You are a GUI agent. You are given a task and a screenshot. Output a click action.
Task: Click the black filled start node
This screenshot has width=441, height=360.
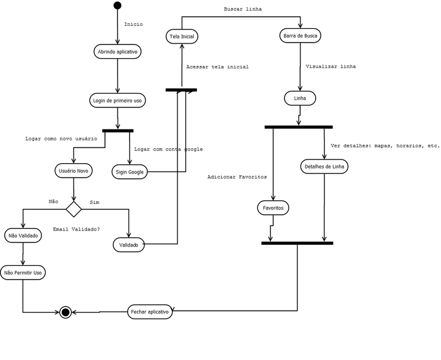(x=118, y=6)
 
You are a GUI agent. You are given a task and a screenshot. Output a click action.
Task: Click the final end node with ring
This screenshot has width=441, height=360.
(x=65, y=312)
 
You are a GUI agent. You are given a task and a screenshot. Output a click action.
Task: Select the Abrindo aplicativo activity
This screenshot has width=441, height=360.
(x=118, y=52)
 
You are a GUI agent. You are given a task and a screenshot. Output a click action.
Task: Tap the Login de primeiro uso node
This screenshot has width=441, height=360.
(x=118, y=100)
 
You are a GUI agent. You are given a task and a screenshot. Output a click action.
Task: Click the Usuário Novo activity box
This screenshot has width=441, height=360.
(x=74, y=170)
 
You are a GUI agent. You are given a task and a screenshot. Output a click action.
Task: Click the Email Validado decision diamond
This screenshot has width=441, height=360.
(x=73, y=209)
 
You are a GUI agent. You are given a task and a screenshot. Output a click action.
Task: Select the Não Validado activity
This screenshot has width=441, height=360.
(x=23, y=236)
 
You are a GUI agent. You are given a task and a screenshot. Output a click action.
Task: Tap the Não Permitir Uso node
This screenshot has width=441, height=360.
(x=23, y=273)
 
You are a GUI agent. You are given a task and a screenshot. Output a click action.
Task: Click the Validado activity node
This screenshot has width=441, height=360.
(x=128, y=245)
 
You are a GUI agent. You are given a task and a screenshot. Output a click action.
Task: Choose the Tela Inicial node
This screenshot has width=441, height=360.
(x=182, y=37)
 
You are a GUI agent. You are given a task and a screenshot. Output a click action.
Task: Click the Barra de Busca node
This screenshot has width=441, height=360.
(x=300, y=36)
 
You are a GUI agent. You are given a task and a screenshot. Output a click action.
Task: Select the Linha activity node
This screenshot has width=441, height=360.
(x=299, y=98)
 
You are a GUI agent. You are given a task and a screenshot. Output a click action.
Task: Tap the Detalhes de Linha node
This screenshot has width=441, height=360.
(x=324, y=166)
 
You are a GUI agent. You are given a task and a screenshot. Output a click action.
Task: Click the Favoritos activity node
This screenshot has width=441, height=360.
(x=273, y=208)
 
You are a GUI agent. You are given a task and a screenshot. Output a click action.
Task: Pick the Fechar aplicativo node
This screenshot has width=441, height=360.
(x=150, y=312)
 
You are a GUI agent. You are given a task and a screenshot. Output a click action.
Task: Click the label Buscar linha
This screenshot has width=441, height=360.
(x=242, y=10)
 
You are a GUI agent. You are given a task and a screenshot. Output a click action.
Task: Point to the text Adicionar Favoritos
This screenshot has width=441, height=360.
(x=237, y=177)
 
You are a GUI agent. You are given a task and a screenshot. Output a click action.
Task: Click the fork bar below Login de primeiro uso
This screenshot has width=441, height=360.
(x=118, y=130)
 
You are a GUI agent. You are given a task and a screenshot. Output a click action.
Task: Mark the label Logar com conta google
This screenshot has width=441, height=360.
(x=169, y=149)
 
